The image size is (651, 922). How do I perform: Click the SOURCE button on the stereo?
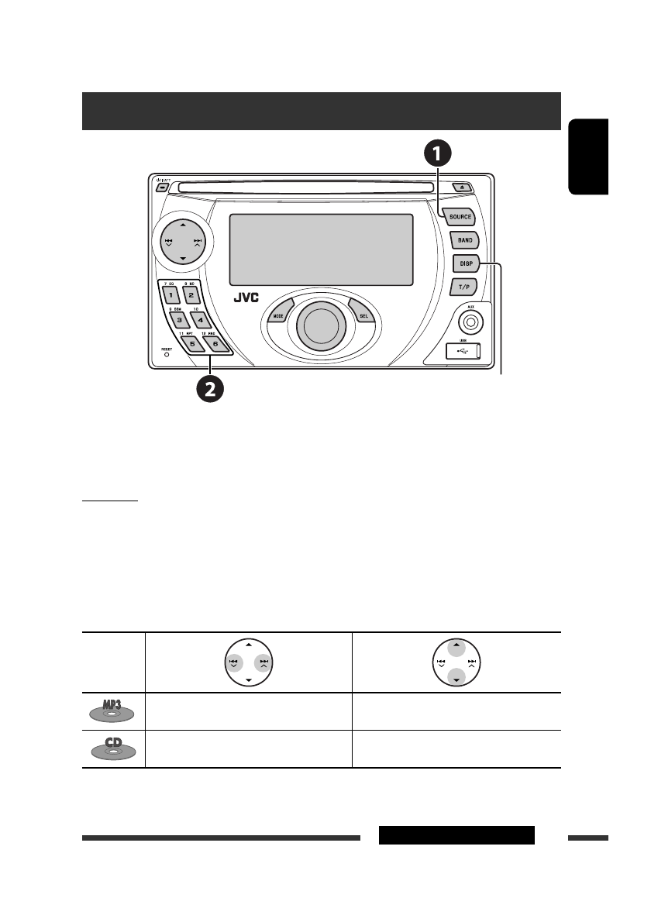point(460,218)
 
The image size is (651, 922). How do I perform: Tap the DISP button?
point(467,264)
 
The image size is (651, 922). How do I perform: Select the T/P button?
point(464,287)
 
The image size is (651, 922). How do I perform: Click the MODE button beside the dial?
point(278,315)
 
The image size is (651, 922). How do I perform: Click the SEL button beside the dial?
point(362,315)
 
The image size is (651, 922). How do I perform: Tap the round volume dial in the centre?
point(320,326)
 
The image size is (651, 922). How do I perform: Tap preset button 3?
point(179,318)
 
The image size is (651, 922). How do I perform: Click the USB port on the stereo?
point(463,351)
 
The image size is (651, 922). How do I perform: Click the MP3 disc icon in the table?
point(113,711)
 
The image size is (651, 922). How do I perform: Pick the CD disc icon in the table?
point(113,748)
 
